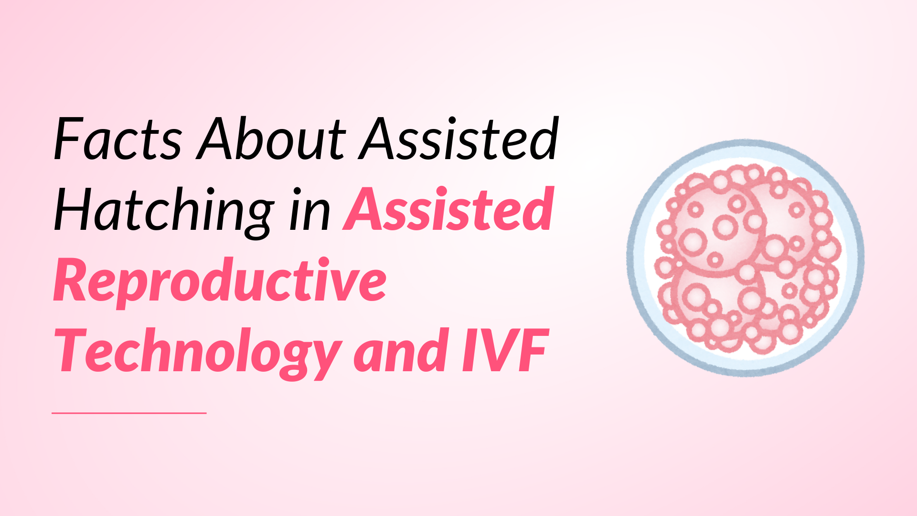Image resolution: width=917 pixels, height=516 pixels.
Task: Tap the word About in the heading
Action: coord(271,139)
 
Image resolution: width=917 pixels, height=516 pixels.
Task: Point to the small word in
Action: coord(309,211)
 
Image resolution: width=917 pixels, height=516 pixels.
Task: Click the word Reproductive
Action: coord(220,282)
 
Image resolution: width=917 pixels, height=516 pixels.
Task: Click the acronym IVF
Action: coord(505,351)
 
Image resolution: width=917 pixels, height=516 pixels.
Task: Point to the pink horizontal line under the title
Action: coord(129,413)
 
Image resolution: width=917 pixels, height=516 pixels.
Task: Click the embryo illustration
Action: coord(746,258)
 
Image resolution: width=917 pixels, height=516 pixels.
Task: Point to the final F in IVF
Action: coord(533,351)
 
